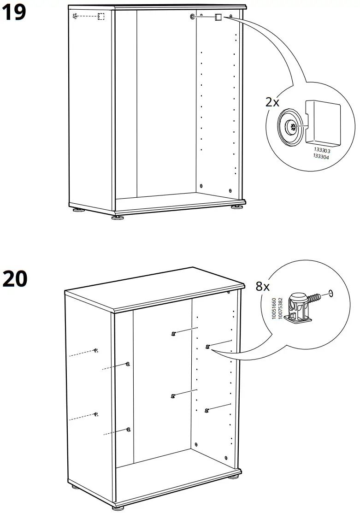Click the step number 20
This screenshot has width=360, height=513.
15,279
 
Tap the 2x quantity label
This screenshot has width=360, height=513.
272,102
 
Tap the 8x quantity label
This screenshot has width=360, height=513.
263,286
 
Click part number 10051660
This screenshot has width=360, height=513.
274,309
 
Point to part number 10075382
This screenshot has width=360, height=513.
280,309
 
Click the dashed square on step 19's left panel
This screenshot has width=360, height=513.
101,17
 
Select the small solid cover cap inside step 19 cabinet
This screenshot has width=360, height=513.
218,18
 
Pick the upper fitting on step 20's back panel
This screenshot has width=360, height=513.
173,334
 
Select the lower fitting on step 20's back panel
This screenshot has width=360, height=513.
173,395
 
